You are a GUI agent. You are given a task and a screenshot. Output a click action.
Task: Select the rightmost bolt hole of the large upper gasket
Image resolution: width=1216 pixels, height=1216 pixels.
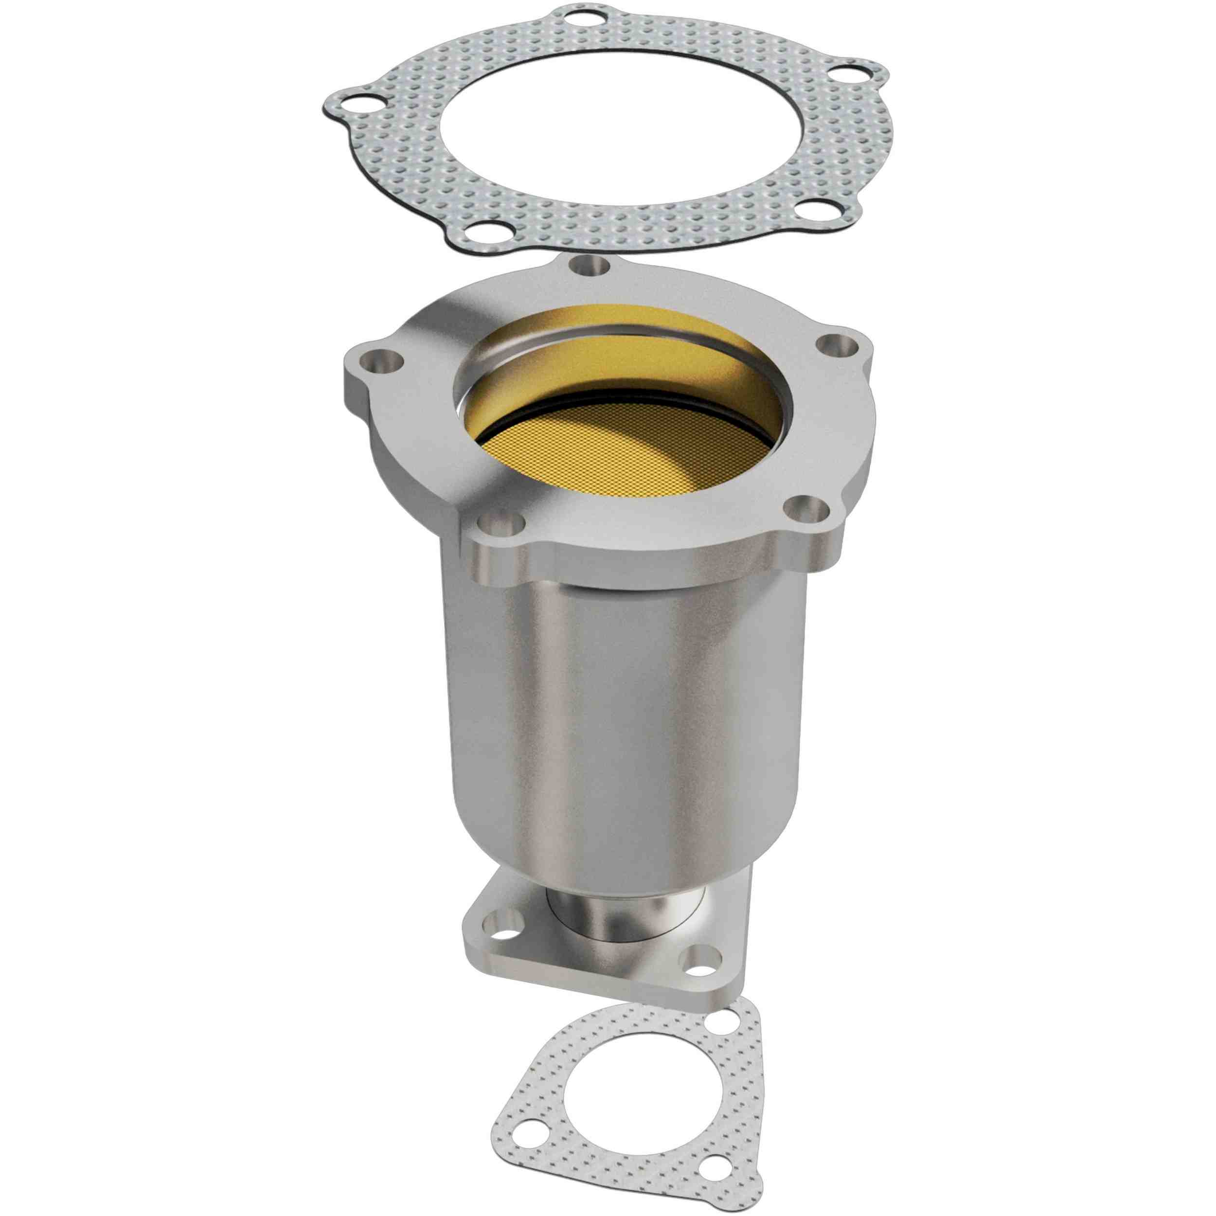[x=849, y=76]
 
